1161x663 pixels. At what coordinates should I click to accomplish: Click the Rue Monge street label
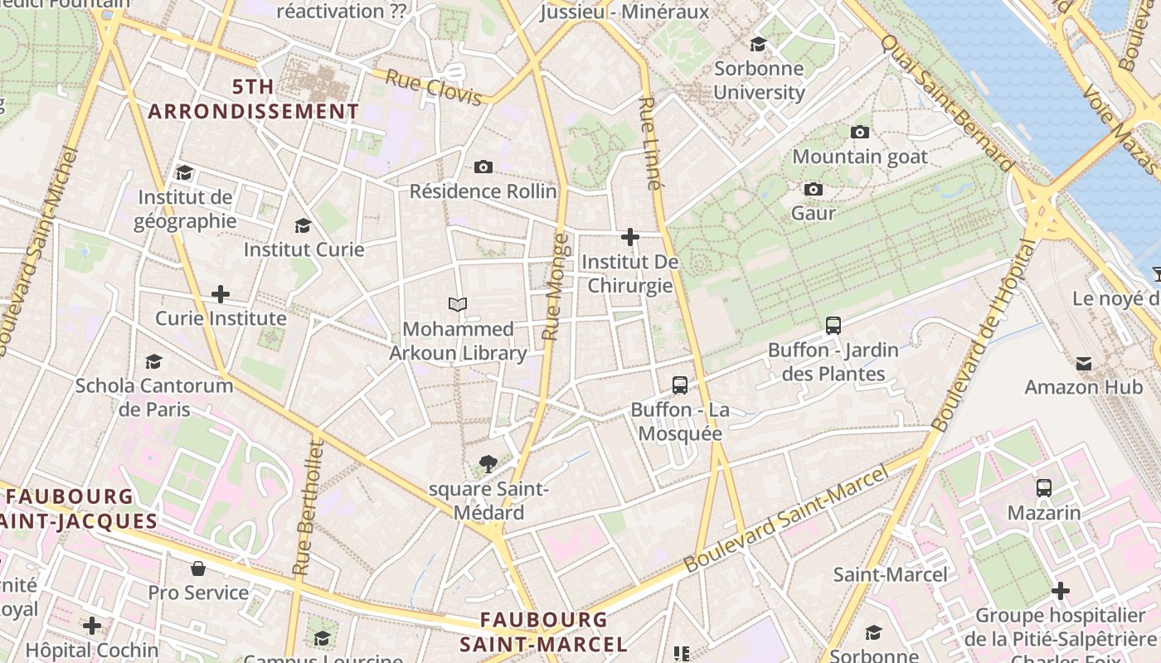[x=556, y=287]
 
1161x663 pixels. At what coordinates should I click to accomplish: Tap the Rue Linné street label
[x=651, y=143]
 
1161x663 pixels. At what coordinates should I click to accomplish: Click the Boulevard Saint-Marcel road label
[x=786, y=519]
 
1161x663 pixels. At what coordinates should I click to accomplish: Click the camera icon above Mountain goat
[x=860, y=132]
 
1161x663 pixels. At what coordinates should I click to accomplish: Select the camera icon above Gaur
[x=814, y=189]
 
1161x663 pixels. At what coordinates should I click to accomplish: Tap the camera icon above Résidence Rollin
[x=483, y=167]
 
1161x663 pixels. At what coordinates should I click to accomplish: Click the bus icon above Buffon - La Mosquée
[x=679, y=385]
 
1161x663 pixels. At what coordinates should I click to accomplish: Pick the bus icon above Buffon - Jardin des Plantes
[x=833, y=326]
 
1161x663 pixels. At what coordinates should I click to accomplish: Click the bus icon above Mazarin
[x=1043, y=488]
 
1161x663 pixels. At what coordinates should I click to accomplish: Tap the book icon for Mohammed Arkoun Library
[x=458, y=304]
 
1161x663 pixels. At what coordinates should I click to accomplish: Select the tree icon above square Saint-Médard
[x=488, y=464]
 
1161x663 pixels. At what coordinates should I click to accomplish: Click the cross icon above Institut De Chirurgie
[x=630, y=237]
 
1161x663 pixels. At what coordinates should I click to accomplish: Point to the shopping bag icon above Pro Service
[x=198, y=568]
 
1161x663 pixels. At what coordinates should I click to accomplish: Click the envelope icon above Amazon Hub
[x=1083, y=363]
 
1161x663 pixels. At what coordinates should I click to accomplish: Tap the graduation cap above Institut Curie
[x=303, y=225]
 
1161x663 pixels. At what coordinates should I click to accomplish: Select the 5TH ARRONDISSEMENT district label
[x=254, y=99]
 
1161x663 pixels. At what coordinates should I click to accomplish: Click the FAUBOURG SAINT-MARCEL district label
[x=543, y=632]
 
